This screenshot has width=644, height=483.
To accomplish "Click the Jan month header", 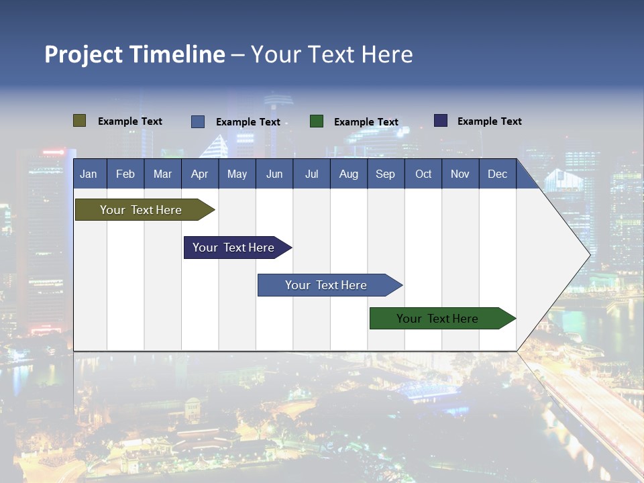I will (89, 174).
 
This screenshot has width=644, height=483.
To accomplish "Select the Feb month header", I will (125, 174).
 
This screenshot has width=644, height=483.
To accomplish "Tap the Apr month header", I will (199, 174).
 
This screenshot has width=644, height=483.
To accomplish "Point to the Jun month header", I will (274, 174).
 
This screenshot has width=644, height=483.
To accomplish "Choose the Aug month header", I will (348, 174).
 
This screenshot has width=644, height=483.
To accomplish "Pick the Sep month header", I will (385, 174).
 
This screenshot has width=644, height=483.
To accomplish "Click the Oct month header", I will (423, 174).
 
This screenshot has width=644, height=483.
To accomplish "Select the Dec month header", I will (497, 174).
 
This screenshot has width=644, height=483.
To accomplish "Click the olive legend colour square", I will (80, 121).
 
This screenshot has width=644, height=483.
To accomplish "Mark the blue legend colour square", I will (198, 121).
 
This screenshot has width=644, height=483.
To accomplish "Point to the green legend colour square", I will (317, 121).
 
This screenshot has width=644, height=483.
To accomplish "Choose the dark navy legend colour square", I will (441, 121).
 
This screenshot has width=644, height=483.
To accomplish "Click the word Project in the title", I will (83, 54).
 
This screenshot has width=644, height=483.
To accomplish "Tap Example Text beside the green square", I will (366, 122).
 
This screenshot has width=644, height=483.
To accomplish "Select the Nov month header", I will (460, 174).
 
